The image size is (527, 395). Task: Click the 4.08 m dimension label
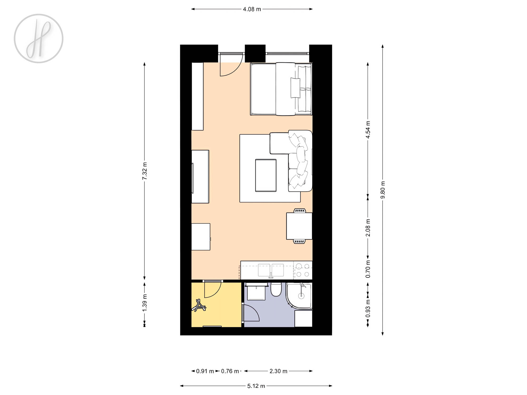252,9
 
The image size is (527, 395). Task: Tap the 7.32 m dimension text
145,171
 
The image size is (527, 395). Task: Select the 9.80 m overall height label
383,190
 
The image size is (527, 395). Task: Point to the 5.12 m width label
256,386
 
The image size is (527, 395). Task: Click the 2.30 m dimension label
278,371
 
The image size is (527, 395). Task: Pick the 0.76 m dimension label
230,371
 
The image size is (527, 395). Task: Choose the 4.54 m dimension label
368,129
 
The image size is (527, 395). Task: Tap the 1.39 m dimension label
145,303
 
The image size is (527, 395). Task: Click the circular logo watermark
38,38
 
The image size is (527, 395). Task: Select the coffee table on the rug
266,175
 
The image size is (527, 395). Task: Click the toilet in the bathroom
276,289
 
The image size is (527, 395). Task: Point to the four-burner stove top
303,270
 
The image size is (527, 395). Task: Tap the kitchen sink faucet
271,275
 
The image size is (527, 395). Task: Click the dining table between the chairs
299,226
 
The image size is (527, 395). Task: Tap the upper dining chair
300,210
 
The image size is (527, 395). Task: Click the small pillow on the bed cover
295,88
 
